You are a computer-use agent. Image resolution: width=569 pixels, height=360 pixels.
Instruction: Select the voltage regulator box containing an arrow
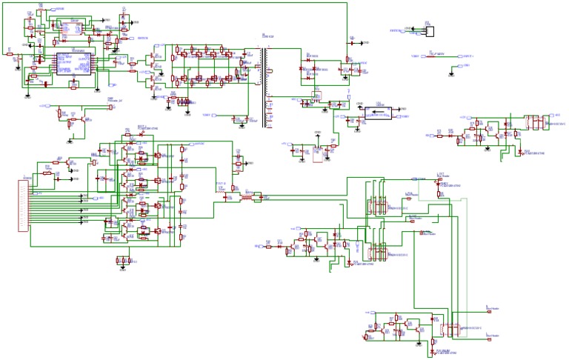point(382,113)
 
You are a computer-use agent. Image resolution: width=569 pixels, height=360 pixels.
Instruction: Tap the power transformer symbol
point(264,85)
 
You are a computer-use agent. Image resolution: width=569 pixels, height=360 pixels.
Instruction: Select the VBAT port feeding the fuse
point(418,56)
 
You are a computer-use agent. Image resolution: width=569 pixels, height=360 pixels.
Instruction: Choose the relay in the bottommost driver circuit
point(450,327)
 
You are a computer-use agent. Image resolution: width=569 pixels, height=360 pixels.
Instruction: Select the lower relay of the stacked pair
point(377,250)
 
